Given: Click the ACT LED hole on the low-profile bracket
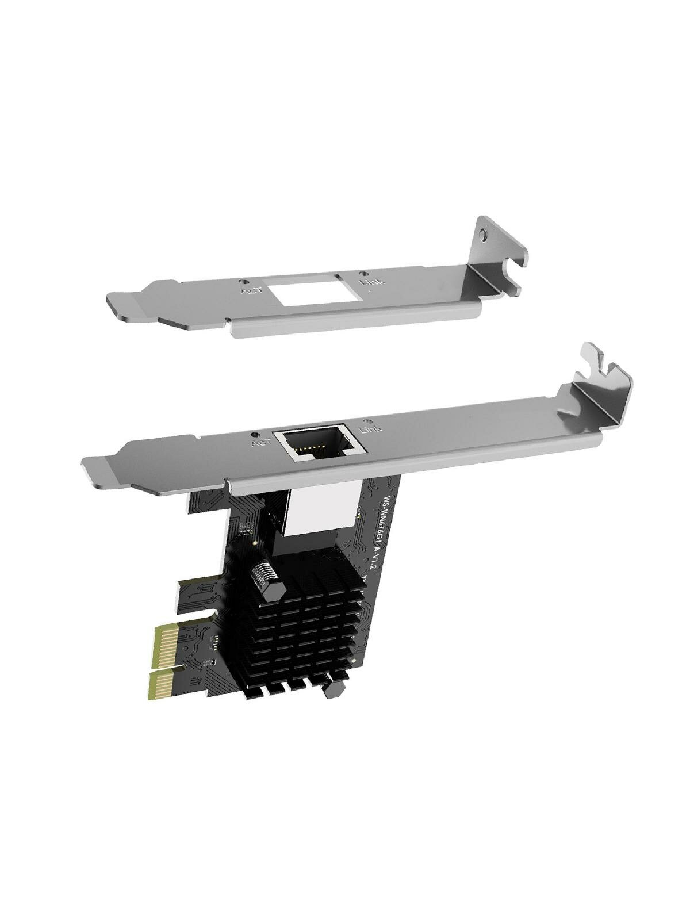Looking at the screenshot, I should pos(246,282).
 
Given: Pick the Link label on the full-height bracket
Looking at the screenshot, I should pos(369,428).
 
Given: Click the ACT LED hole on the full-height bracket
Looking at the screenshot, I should pos(253,434).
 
